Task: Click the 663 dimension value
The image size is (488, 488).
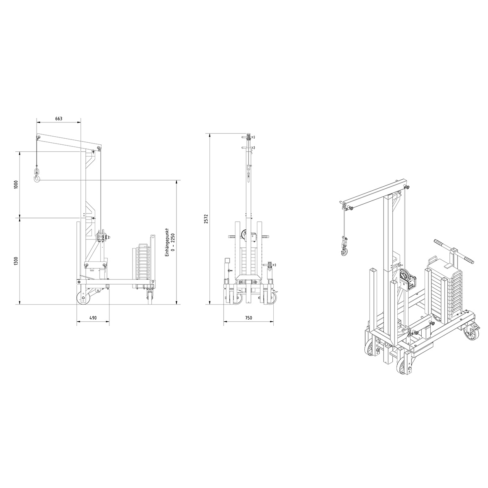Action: tap(59, 118)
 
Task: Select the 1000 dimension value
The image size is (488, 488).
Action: tap(16, 185)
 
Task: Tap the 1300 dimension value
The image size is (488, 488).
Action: tap(16, 261)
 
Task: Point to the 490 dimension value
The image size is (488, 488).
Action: tap(93, 318)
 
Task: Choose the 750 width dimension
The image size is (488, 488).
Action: tap(248, 318)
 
